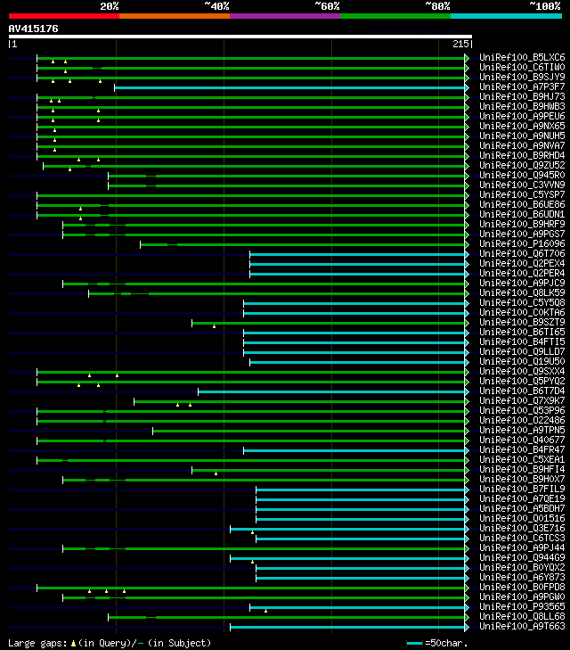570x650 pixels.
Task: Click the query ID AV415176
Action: [34, 29]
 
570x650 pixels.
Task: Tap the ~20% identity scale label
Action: [109, 5]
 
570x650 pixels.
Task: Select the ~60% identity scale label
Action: [327, 5]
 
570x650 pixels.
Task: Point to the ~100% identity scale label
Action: [545, 5]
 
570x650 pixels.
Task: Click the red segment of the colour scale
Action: [63, 16]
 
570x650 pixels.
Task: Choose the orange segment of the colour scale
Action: [174, 16]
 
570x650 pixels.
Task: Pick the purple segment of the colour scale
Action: [284, 16]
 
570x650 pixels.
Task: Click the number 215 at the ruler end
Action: [460, 44]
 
